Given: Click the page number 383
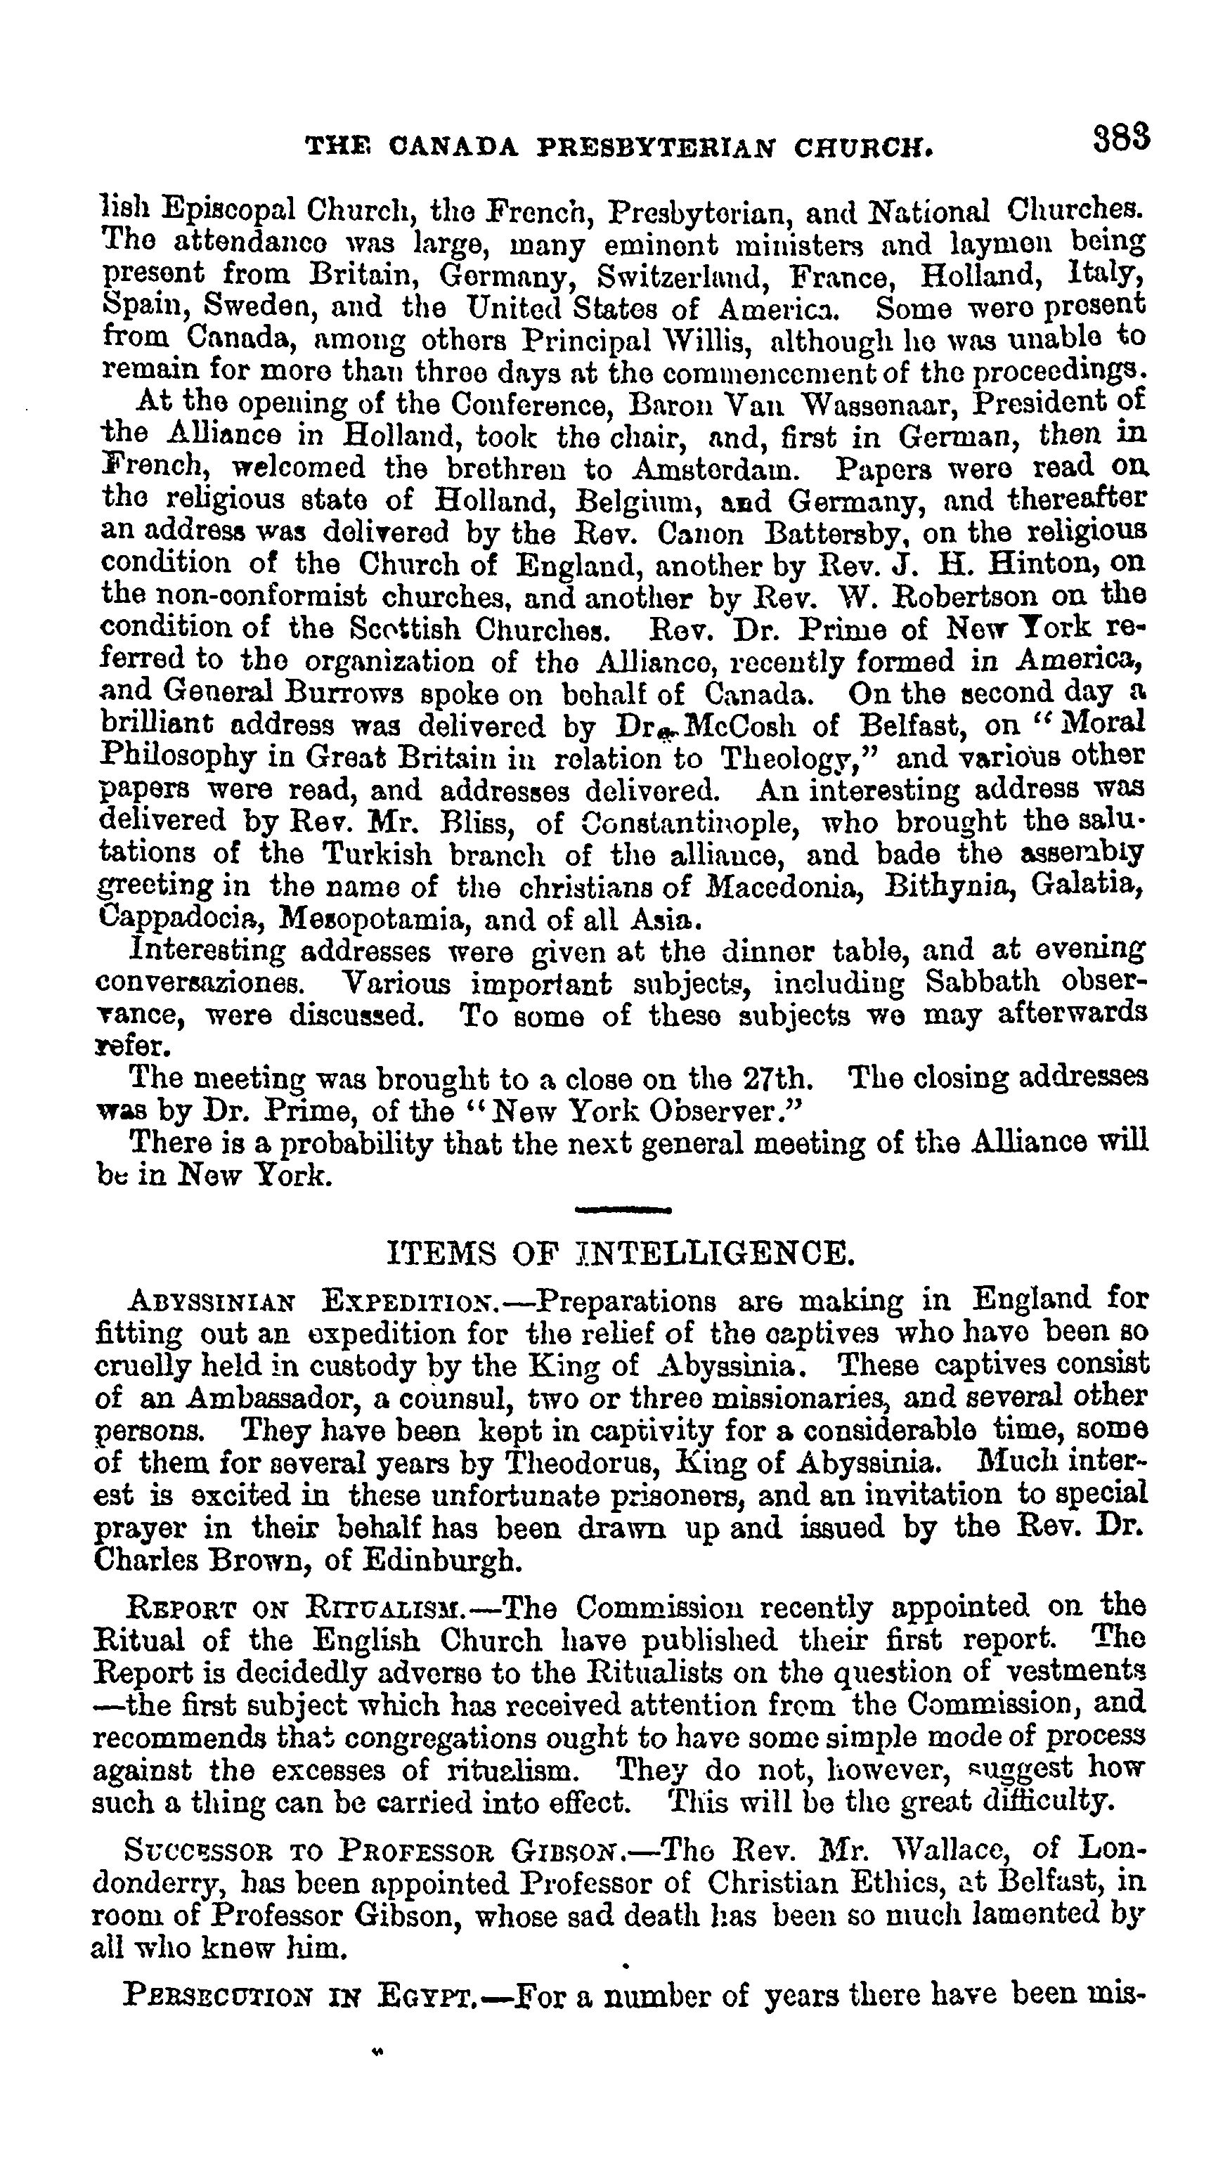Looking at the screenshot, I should (1121, 138).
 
